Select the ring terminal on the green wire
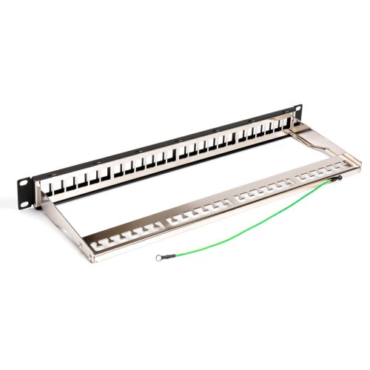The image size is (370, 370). coord(159,258)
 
